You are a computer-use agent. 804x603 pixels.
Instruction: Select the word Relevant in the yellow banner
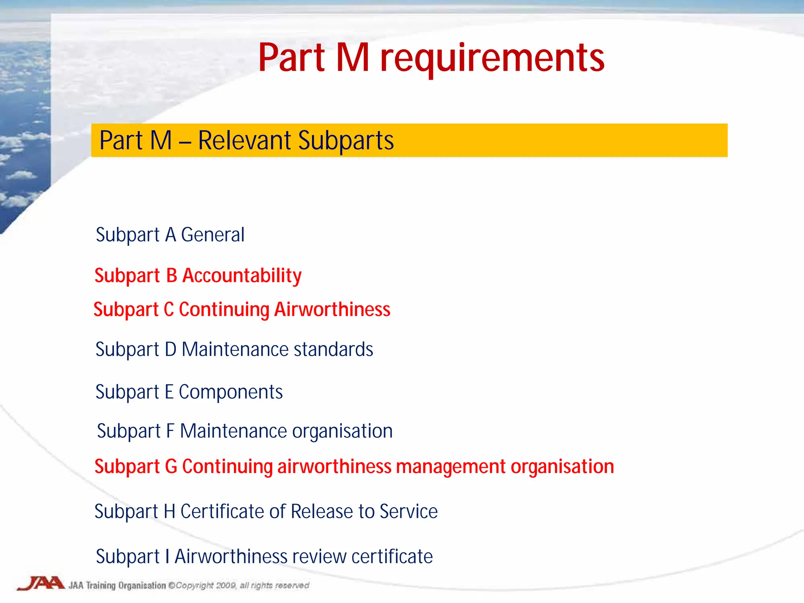[244, 141]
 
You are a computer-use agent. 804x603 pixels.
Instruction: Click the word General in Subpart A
[213, 235]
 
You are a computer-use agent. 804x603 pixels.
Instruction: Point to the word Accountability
[242, 276]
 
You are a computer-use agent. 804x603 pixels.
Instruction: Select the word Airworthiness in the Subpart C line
[332, 309]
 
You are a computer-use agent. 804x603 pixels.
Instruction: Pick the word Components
[231, 392]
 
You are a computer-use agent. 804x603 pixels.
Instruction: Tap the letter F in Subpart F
[170, 431]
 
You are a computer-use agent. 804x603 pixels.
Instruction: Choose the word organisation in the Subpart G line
[562, 467]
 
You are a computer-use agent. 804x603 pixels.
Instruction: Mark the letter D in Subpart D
[170, 349]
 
